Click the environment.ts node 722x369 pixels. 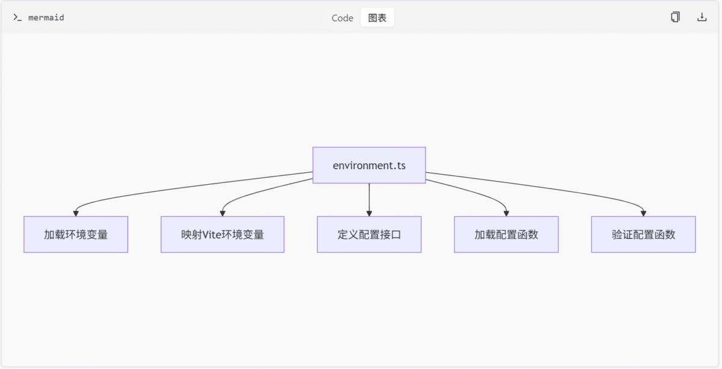coord(369,165)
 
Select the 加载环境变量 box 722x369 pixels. coord(76,235)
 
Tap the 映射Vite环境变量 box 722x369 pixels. coord(223,235)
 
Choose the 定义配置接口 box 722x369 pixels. coord(369,235)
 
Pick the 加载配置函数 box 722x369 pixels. coord(507,235)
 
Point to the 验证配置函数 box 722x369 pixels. coord(643,235)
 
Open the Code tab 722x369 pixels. coord(342,17)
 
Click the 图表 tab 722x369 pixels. coord(377,17)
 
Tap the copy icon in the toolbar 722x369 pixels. coord(675,17)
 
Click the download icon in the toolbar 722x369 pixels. coord(702,17)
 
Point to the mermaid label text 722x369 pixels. coord(46,17)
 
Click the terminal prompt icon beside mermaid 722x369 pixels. coord(17,17)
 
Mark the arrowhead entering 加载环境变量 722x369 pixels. coord(76,214)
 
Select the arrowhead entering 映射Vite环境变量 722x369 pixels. coord(223,214)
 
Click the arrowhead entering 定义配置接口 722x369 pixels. coord(369,214)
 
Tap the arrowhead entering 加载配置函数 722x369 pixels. coord(507,214)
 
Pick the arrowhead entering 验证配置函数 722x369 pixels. coord(643,214)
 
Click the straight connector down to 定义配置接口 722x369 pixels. coord(369,197)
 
